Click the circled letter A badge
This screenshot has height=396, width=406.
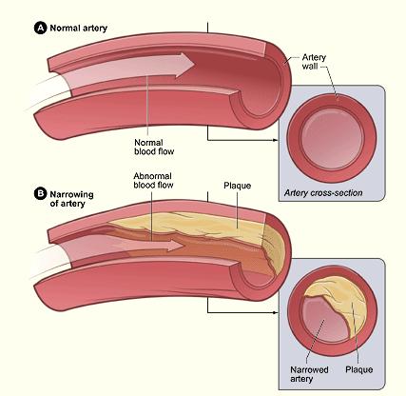(40, 28)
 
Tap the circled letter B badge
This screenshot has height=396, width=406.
(40, 193)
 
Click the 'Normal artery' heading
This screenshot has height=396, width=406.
(79, 28)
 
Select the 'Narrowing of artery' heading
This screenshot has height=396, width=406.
(71, 199)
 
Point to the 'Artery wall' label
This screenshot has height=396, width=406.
(314, 62)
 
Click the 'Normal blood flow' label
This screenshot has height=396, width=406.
(154, 147)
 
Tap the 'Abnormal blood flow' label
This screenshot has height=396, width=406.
(153, 180)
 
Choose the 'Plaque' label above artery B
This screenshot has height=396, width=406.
(237, 186)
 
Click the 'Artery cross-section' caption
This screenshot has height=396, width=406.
(323, 193)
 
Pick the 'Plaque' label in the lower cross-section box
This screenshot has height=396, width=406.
(358, 369)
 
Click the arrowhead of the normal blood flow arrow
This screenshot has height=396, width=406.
(184, 65)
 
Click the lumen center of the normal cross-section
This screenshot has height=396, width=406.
(332, 139)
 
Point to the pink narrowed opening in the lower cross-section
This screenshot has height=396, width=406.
(322, 321)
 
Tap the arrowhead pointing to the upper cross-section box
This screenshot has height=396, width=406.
(275, 140)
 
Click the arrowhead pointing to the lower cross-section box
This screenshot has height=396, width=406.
(275, 312)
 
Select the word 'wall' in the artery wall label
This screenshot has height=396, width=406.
(310, 66)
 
